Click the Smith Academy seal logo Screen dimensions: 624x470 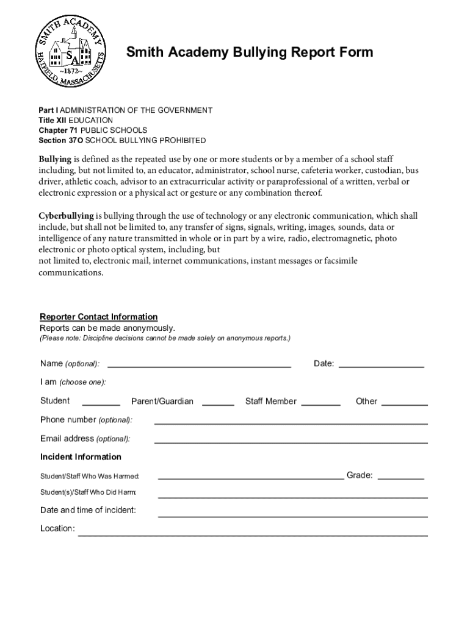[72, 51]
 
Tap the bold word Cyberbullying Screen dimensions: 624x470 [66, 216]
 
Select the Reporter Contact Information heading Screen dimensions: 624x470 [99, 317]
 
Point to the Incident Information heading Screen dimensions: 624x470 [81, 457]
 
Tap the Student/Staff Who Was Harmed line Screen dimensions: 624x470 [250, 478]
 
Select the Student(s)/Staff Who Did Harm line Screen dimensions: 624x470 [292, 496]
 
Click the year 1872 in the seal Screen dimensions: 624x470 [71, 71]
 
